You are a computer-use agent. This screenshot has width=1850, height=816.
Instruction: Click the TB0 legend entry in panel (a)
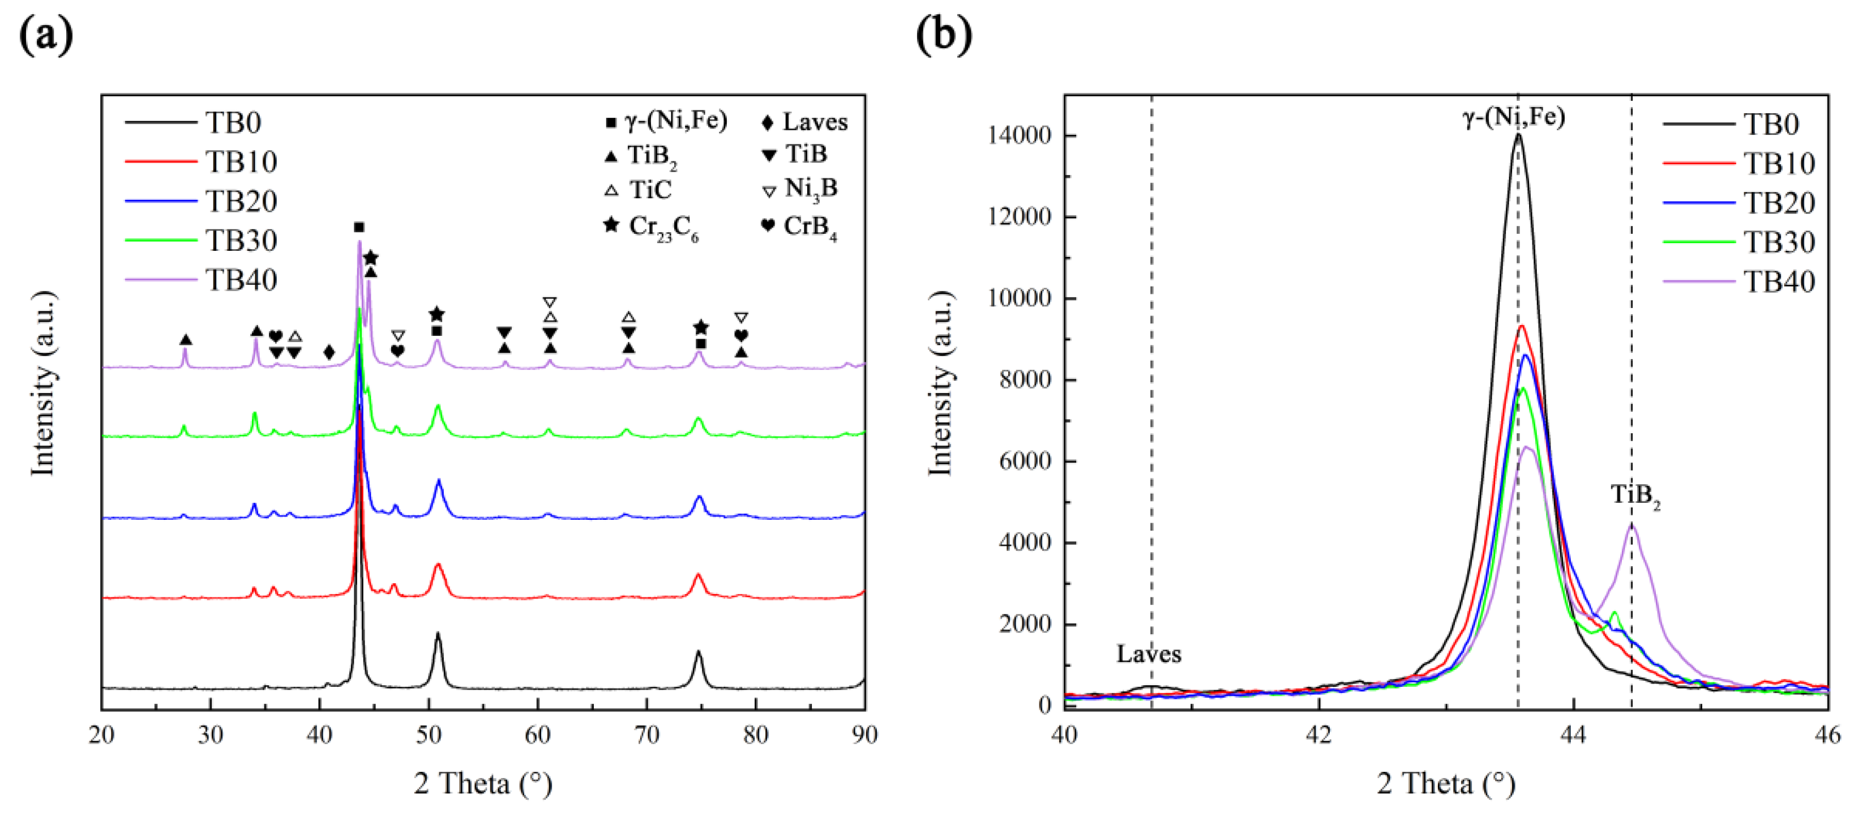pyautogui.click(x=233, y=123)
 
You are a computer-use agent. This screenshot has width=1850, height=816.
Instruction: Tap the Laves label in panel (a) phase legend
pyautogui.click(x=815, y=122)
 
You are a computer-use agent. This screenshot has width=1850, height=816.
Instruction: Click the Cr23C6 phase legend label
pyautogui.click(x=662, y=227)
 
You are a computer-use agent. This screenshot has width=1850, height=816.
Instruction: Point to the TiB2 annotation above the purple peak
pyautogui.click(x=1635, y=495)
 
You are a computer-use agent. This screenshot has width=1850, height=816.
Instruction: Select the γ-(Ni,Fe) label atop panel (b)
pyautogui.click(x=1514, y=117)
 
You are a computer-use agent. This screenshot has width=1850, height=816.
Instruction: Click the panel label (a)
pyautogui.click(x=46, y=35)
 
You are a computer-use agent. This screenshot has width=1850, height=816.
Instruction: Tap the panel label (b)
pyautogui.click(x=944, y=35)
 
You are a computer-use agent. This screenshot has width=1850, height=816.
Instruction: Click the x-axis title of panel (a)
pyautogui.click(x=483, y=783)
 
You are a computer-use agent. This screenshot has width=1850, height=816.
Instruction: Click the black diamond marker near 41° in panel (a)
pyautogui.click(x=329, y=352)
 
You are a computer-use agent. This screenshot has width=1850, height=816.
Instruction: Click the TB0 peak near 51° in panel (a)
pyautogui.click(x=438, y=634)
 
